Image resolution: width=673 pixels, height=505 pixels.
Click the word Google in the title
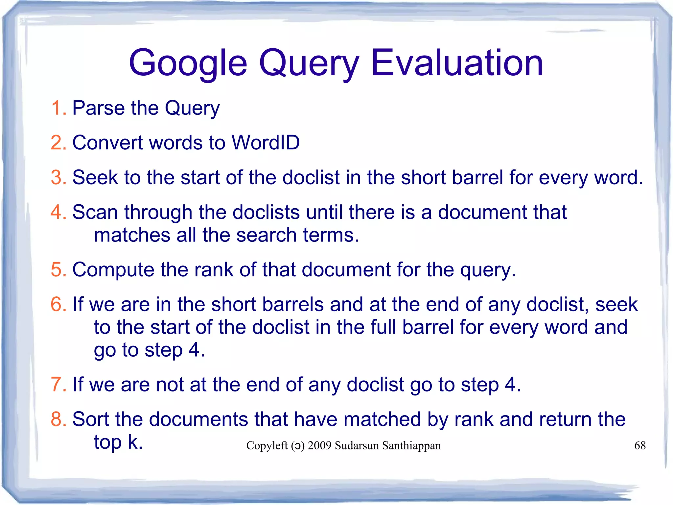point(188,63)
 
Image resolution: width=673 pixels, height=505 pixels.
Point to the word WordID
point(266,142)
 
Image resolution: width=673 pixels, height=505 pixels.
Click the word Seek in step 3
point(95,177)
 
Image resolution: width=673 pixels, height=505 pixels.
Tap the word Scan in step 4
point(95,212)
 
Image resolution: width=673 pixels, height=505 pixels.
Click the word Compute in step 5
point(113,269)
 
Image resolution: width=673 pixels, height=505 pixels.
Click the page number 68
point(639,445)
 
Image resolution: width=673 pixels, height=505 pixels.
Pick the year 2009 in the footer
point(319,445)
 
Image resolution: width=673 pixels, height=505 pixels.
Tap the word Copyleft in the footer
point(267,445)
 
